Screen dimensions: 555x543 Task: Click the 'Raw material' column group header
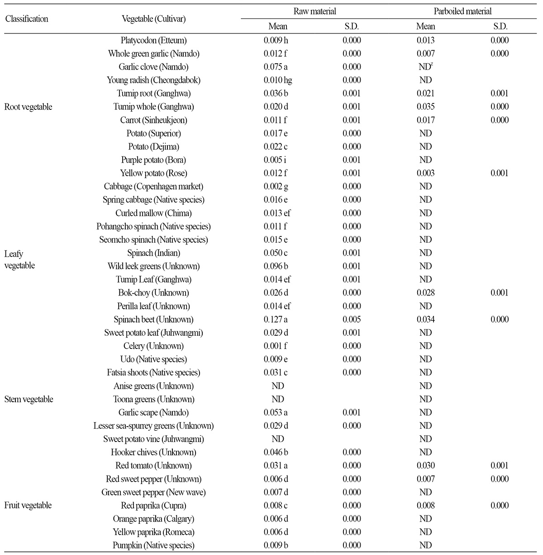pyautogui.click(x=314, y=11)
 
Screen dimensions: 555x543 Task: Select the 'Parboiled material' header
pyautogui.click(x=462, y=11)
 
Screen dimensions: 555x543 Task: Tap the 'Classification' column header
pyautogui.click(x=26, y=19)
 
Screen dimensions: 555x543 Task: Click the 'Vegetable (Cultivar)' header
pyautogui.click(x=153, y=19)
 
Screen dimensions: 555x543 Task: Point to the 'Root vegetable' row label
pyautogui.click(x=28, y=107)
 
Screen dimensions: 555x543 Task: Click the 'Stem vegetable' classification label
pyautogui.click(x=29, y=399)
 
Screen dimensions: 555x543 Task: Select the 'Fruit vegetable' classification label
pyautogui.click(x=28, y=505)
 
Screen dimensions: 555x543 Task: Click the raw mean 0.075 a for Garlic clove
pyautogui.click(x=276, y=67)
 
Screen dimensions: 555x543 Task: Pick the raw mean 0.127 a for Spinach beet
pyautogui.click(x=276, y=320)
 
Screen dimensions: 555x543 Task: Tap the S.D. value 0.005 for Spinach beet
pyautogui.click(x=352, y=320)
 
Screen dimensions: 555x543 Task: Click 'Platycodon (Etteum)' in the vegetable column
pyautogui.click(x=153, y=40)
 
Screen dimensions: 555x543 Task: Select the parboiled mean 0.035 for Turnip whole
pyautogui.click(x=425, y=107)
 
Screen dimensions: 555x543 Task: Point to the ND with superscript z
pyautogui.click(x=425, y=67)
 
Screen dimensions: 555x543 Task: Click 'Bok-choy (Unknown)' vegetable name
pyautogui.click(x=153, y=293)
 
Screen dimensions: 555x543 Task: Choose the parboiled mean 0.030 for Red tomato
pyautogui.click(x=425, y=466)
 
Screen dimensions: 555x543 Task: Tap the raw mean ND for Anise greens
pyautogui.click(x=278, y=386)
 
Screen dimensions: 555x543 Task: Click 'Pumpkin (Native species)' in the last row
pyautogui.click(x=153, y=546)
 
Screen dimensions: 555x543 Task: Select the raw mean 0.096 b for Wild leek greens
pyautogui.click(x=276, y=266)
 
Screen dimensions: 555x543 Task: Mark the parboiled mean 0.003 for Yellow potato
pyautogui.click(x=425, y=173)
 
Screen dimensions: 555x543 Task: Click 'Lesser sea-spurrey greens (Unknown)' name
pyautogui.click(x=153, y=426)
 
